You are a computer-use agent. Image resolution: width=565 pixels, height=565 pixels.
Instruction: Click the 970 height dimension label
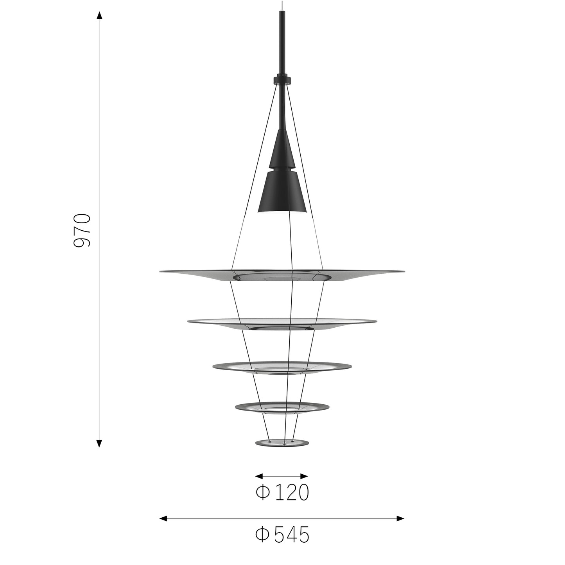(82, 230)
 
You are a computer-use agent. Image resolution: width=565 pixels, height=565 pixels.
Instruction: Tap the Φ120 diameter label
(282, 493)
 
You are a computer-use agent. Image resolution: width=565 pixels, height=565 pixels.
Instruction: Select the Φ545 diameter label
(282, 535)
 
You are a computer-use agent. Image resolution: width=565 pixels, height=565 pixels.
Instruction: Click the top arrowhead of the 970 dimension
(99, 16)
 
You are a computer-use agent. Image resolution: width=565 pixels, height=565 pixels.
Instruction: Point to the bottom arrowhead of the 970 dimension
(99, 443)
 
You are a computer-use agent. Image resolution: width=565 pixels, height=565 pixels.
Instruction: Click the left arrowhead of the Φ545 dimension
(163, 518)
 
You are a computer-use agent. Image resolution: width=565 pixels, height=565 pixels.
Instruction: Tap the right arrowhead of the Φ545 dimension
(400, 518)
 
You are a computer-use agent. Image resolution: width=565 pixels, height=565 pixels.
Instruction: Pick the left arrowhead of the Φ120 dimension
(258, 476)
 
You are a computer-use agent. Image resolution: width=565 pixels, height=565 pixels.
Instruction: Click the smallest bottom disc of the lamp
(282, 443)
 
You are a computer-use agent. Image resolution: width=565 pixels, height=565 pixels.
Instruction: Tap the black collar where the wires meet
(282, 79)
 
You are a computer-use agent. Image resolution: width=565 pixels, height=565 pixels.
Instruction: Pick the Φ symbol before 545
(262, 535)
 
